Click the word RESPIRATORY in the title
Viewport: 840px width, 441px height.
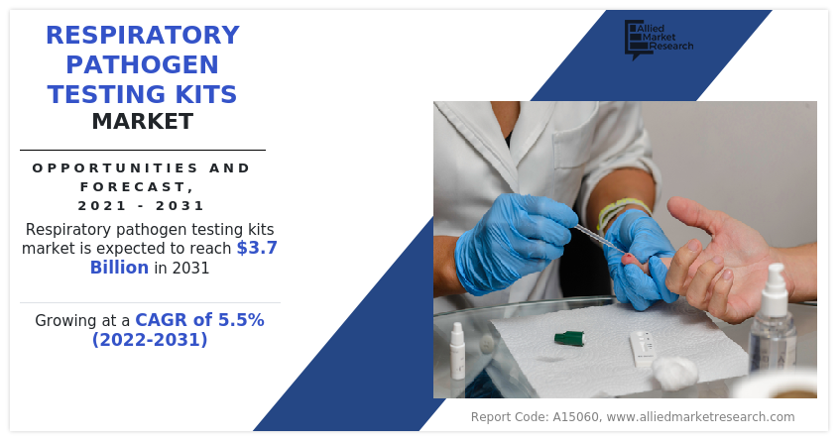coord(143,36)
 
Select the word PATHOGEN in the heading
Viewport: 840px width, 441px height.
coord(143,65)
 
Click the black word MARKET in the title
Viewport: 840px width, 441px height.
coord(143,122)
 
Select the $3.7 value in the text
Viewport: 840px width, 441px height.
coord(257,248)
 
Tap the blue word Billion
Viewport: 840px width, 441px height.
coord(119,268)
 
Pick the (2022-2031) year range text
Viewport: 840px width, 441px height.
coord(150,340)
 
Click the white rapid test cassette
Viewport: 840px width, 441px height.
coord(642,348)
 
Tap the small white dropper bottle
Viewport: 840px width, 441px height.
coord(458,351)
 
